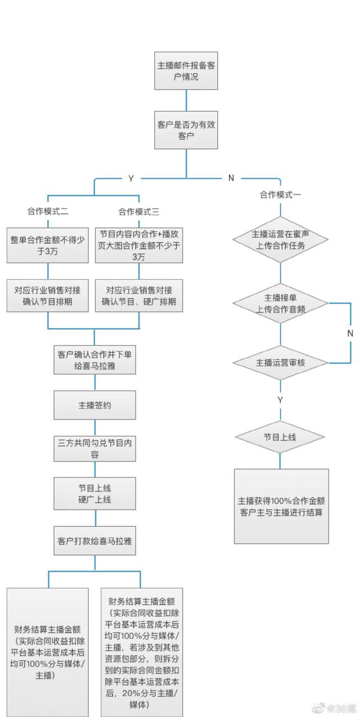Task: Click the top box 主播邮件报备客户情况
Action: tap(186, 71)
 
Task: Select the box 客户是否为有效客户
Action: tap(186, 130)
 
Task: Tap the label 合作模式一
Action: tap(280, 195)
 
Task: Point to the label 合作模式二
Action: tap(48, 211)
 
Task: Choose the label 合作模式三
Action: tap(139, 211)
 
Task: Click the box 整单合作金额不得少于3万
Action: tap(48, 245)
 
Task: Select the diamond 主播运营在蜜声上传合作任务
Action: tap(280, 240)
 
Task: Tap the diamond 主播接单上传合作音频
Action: tap(280, 303)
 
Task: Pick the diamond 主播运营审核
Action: tap(280, 363)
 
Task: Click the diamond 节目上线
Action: tap(280, 437)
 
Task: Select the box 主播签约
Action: tap(95, 405)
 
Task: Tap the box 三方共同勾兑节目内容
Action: tap(95, 448)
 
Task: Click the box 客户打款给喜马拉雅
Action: tap(95, 540)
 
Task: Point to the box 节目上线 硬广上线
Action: tap(95, 494)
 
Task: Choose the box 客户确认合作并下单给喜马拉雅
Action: tap(95, 360)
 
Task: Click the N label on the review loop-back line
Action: tap(350, 333)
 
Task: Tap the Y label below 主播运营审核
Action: tap(280, 400)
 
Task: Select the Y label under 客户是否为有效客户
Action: tap(131, 178)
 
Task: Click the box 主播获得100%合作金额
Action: tap(281, 506)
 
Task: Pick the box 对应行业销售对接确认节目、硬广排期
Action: tap(139, 295)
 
